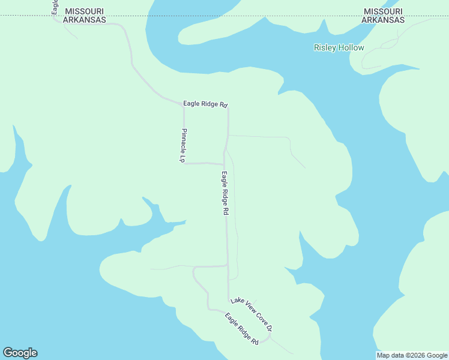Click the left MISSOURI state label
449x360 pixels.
85,11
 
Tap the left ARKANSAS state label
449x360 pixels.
85,20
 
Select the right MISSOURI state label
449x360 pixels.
382,11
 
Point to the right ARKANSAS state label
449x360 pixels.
382,20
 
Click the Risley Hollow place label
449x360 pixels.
339,47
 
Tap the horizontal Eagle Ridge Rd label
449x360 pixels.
205,104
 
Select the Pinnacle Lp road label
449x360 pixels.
184,145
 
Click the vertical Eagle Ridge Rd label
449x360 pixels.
225,194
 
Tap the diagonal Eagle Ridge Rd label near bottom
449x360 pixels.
242,329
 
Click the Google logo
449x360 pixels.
20,353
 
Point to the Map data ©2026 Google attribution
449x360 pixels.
412,355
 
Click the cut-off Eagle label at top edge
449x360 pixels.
55,7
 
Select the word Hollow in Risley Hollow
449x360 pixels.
351,47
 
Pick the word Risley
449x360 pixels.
325,47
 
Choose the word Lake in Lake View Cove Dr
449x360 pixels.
237,301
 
